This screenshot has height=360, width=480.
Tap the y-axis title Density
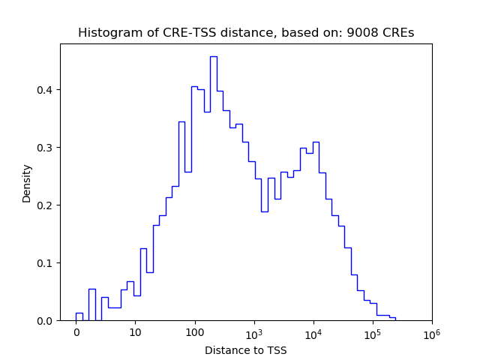27,182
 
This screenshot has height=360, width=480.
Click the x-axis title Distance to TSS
246,350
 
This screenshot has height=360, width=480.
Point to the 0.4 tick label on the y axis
45,90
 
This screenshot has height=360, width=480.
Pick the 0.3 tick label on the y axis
45,148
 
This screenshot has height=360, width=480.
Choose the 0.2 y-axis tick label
45,205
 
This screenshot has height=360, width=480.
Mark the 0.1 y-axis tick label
45,263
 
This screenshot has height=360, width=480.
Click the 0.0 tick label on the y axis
45,321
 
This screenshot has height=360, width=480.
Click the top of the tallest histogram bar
214,56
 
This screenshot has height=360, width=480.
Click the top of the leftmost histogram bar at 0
79,313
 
